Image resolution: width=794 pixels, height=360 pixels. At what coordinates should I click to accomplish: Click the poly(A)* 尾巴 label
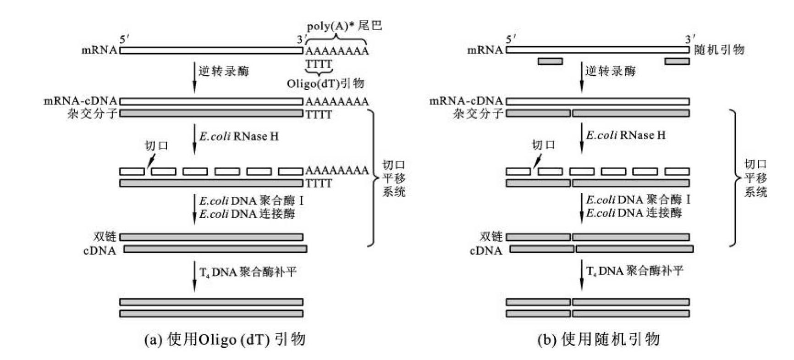pos(344,26)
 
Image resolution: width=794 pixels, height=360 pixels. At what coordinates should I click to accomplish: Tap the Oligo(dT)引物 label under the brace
pos(325,83)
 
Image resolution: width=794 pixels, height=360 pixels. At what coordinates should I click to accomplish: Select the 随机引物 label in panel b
pos(719,50)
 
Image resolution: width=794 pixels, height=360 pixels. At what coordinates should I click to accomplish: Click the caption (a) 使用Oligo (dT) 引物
pos(225,340)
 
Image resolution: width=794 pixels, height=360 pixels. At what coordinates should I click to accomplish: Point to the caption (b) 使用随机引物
pos(599,339)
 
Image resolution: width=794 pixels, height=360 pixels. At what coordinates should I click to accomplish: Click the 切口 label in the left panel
pos(156,146)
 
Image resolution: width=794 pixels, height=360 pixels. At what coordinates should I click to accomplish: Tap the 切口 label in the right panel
pos(543,145)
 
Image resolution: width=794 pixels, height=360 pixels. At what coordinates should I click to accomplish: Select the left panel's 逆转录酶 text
pos(224,71)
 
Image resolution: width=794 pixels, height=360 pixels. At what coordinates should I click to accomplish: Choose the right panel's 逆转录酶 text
pos(611,71)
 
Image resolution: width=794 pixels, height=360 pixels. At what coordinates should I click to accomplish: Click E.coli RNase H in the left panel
pos(239,136)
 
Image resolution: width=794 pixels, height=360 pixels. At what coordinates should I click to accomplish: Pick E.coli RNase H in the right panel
pos(626,135)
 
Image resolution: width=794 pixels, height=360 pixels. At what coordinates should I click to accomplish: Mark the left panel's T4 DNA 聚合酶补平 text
pos(248,272)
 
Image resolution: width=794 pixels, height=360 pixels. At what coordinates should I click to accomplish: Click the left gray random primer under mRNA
pos(550,61)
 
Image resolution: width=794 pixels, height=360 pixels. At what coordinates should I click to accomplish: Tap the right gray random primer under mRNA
pos(677,61)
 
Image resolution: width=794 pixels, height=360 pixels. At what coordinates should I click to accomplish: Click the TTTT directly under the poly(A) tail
pos(319,64)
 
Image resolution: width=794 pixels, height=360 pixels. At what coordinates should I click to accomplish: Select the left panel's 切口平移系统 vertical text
pos(394,178)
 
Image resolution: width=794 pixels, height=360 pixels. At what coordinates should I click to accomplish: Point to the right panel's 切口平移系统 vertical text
pos(755,178)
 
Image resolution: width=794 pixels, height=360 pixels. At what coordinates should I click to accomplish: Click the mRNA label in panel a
pos(99,50)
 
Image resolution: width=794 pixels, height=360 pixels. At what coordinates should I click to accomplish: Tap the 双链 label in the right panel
pos(491,236)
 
